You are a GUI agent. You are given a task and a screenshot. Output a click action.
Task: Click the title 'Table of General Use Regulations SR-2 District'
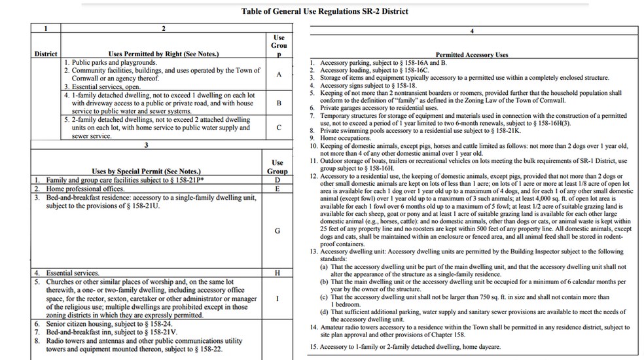point(325,11)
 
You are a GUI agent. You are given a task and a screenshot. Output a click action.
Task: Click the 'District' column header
point(46,54)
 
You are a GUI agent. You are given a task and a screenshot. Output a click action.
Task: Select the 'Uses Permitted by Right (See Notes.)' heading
point(164,54)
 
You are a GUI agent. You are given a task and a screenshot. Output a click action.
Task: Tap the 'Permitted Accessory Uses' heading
point(472,55)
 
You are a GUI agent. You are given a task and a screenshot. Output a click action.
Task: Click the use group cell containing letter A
point(279,74)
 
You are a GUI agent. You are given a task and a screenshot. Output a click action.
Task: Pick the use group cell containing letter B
point(279,103)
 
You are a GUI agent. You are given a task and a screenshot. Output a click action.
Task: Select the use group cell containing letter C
point(279,127)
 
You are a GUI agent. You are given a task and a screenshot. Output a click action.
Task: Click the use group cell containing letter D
point(277,179)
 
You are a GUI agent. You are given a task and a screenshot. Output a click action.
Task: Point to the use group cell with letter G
point(277,230)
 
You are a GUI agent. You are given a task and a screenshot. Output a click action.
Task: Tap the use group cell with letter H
point(277,272)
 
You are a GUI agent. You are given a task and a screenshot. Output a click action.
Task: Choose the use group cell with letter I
point(277,298)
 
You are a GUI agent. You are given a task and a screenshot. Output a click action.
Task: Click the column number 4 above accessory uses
point(472,31)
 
